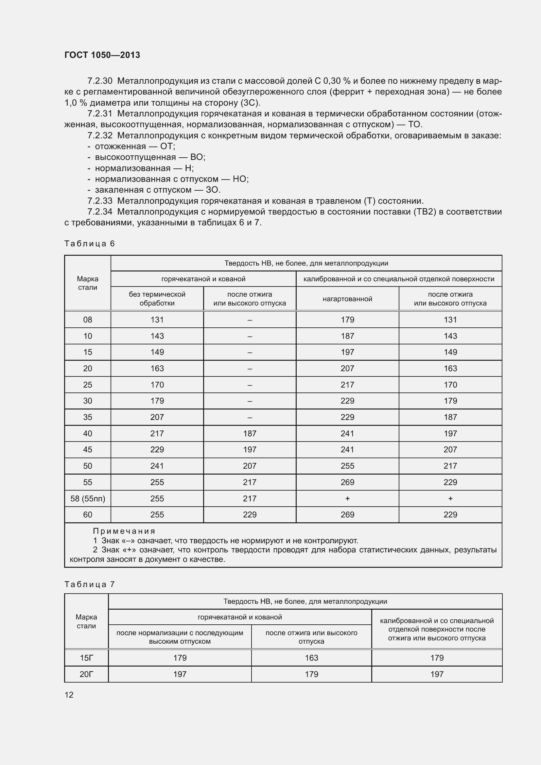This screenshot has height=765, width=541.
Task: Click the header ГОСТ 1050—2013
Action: click(102, 55)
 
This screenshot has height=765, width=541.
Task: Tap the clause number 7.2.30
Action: click(100, 81)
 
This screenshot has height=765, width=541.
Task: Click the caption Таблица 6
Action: click(89, 244)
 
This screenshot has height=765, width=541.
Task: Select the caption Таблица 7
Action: click(89, 584)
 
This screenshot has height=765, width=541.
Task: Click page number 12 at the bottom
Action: click(69, 694)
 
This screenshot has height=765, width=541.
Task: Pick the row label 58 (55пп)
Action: click(88, 498)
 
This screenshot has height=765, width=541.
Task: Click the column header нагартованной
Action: click(347, 299)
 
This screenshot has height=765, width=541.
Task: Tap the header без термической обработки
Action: click(157, 299)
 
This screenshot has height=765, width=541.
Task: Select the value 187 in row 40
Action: click(250, 433)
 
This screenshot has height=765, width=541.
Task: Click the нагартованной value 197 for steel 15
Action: click(347, 352)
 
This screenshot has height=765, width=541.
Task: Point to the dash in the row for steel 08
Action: click(250, 320)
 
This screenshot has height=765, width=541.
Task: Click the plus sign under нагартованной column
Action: click(347, 498)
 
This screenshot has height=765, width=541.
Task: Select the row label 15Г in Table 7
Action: click(86, 658)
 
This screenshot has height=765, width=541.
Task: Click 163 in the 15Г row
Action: click(311, 658)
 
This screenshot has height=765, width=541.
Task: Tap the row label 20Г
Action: click(86, 674)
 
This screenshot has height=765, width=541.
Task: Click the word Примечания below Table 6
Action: click(124, 531)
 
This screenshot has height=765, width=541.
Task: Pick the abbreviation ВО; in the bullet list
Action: click(198, 157)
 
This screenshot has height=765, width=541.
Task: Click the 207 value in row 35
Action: click(157, 417)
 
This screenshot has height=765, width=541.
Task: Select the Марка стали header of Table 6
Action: click(88, 283)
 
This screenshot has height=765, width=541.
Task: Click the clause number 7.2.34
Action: click(100, 212)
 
